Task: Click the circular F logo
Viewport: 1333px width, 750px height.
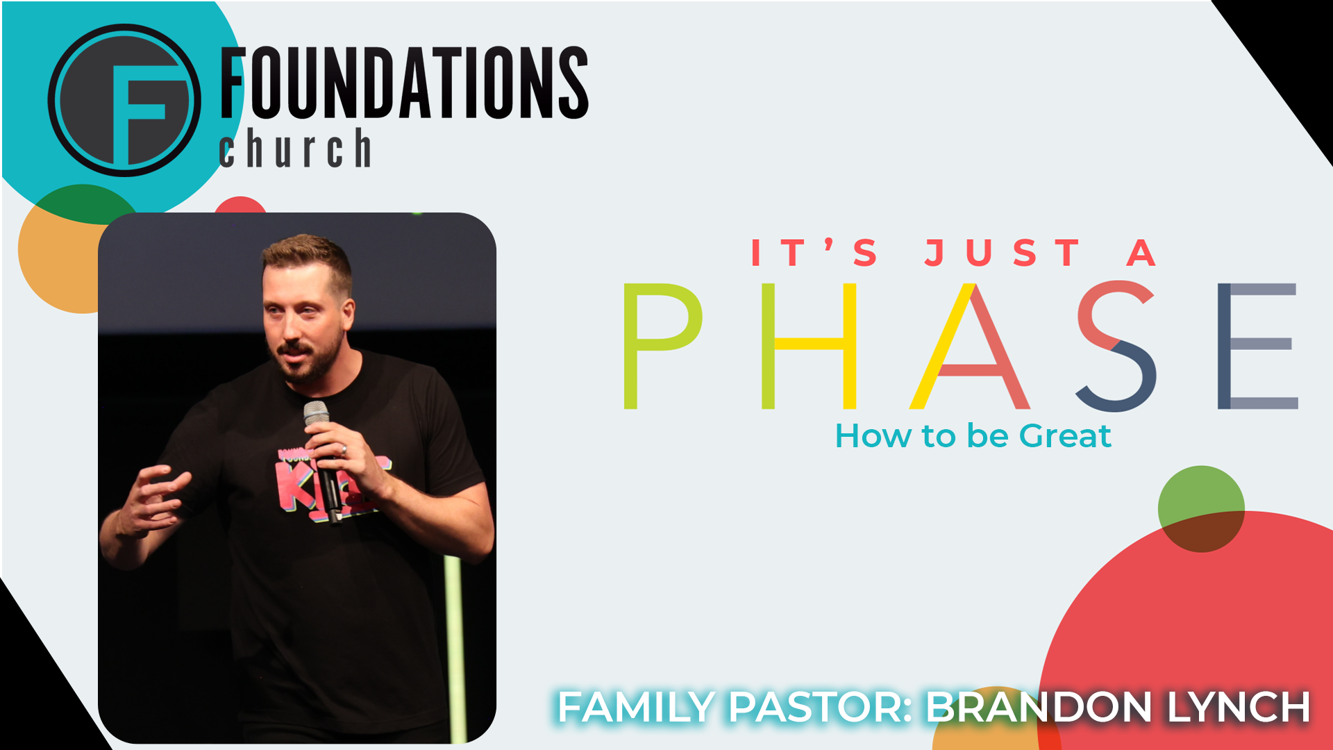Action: coord(124,100)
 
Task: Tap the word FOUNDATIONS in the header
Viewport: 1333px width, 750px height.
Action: coord(405,83)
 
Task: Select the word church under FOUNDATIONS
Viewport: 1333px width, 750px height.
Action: coord(295,147)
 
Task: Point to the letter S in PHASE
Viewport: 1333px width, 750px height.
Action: coord(1116,346)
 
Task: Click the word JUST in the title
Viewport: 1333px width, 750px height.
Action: coord(1002,253)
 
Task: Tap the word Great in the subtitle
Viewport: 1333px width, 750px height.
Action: coord(1065,436)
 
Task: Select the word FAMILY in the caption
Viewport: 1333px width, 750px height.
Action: coord(636,707)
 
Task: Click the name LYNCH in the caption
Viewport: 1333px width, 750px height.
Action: coord(1239,707)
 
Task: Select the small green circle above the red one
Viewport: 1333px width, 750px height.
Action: coord(1201,508)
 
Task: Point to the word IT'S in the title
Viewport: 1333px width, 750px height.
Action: coord(814,253)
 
